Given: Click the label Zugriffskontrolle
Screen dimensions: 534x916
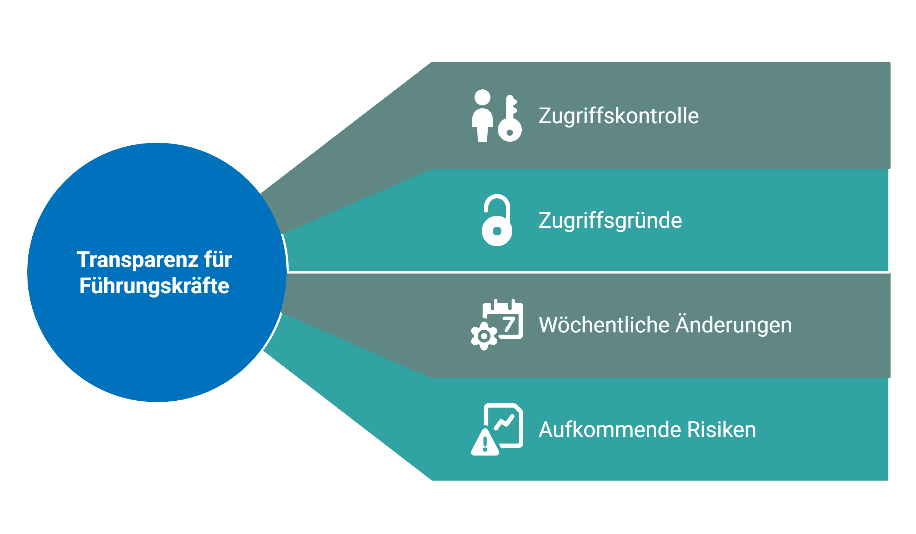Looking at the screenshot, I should (x=618, y=116).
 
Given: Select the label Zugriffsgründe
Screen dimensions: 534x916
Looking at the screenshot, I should (x=610, y=221).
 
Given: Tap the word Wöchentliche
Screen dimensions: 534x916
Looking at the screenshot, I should (x=604, y=325).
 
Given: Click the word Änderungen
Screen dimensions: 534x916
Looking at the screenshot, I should (x=734, y=325).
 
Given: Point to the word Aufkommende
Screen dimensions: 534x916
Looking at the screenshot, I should (x=610, y=430).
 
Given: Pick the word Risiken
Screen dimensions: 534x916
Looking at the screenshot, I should (x=722, y=430).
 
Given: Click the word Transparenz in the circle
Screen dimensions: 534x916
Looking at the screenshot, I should (x=137, y=260).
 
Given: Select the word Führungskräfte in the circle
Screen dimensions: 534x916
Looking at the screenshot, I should (x=154, y=286).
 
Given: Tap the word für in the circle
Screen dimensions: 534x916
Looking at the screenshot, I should (x=218, y=260).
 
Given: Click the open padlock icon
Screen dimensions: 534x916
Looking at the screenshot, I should (x=497, y=222).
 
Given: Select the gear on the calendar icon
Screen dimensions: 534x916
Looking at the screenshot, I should (x=484, y=336).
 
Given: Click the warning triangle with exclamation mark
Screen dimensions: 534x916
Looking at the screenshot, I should (x=485, y=444).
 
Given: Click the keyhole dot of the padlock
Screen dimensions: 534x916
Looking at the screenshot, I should (x=497, y=231).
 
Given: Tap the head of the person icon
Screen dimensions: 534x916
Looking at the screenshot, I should (x=483, y=97).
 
